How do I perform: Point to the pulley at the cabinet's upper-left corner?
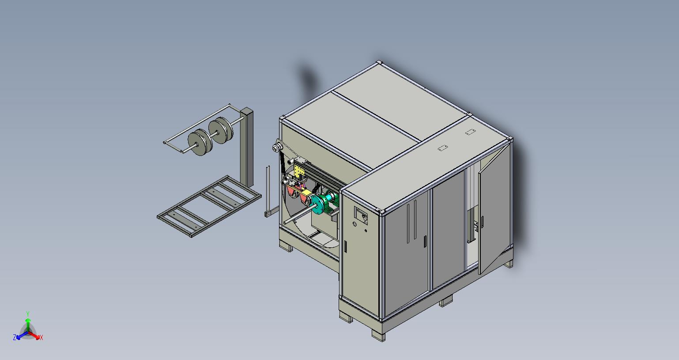point(276,148)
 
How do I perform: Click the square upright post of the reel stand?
point(247,147)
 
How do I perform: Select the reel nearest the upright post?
point(221,130)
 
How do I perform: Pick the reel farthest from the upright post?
point(200,142)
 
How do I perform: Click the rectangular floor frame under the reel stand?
point(209,206)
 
